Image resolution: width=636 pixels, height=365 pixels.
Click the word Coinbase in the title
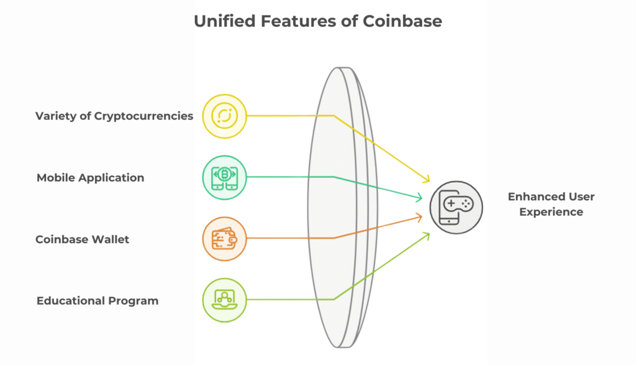click(402, 21)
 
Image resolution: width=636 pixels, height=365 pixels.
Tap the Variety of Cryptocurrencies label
click(114, 116)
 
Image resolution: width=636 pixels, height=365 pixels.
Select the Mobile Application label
click(90, 178)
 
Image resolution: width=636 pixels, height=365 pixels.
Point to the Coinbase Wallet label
click(82, 239)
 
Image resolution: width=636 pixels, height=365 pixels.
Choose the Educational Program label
click(98, 301)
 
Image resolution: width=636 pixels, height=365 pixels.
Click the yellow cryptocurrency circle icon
click(224, 116)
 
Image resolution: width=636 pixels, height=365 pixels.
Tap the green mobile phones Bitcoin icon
click(224, 177)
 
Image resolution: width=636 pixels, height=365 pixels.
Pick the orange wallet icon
click(224, 239)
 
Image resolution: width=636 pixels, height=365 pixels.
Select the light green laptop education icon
click(224, 300)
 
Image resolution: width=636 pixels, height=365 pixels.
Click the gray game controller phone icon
click(457, 207)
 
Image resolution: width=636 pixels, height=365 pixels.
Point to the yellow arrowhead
click(426, 178)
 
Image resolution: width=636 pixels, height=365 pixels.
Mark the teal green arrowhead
click(419, 197)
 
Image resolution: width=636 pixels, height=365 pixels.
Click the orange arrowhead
click(419, 217)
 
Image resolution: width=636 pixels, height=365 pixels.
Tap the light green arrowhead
click(426, 236)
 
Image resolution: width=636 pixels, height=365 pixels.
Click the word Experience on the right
click(552, 212)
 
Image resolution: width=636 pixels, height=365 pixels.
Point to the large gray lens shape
click(343, 208)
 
